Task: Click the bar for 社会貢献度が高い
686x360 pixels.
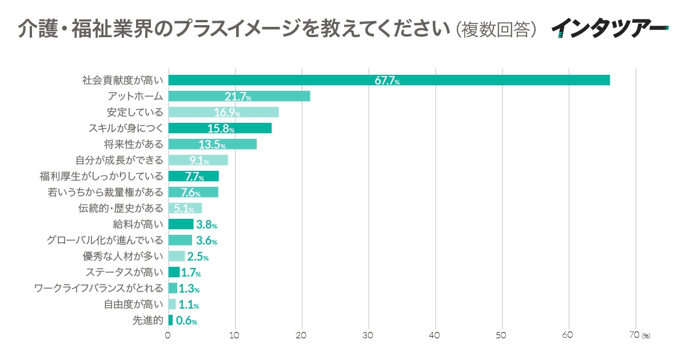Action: tap(389, 80)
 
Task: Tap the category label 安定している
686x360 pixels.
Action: tap(135, 112)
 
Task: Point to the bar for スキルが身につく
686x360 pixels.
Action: tap(220, 128)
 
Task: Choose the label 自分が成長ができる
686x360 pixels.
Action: tap(119, 160)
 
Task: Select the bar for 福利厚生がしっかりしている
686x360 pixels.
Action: tap(193, 176)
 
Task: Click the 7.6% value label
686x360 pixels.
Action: tap(190, 193)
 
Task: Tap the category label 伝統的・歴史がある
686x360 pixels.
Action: tap(121, 208)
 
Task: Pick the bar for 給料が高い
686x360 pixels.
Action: tap(181, 224)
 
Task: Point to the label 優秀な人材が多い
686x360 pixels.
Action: tap(123, 256)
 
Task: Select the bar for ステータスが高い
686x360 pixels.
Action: tap(174, 272)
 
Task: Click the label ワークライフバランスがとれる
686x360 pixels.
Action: tap(98, 288)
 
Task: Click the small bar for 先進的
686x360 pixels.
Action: tap(170, 320)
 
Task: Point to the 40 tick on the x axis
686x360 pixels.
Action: tap(436, 335)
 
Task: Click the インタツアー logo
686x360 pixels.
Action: tap(609, 27)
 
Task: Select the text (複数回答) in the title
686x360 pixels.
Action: tap(497, 28)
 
